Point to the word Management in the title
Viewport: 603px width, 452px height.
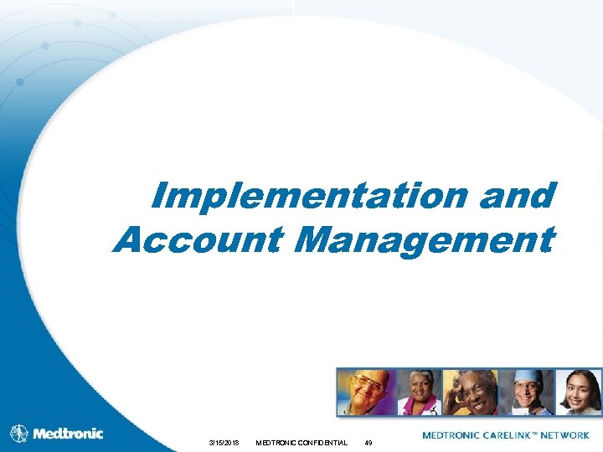point(425,239)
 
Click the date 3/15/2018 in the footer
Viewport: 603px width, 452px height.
point(224,442)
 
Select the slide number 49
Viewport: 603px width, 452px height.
point(368,442)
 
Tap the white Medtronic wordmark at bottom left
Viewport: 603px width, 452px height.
point(68,434)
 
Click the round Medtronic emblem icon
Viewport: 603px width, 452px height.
point(18,434)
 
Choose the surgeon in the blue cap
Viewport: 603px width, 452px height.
point(526,392)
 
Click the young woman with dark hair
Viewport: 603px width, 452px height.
point(579,392)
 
